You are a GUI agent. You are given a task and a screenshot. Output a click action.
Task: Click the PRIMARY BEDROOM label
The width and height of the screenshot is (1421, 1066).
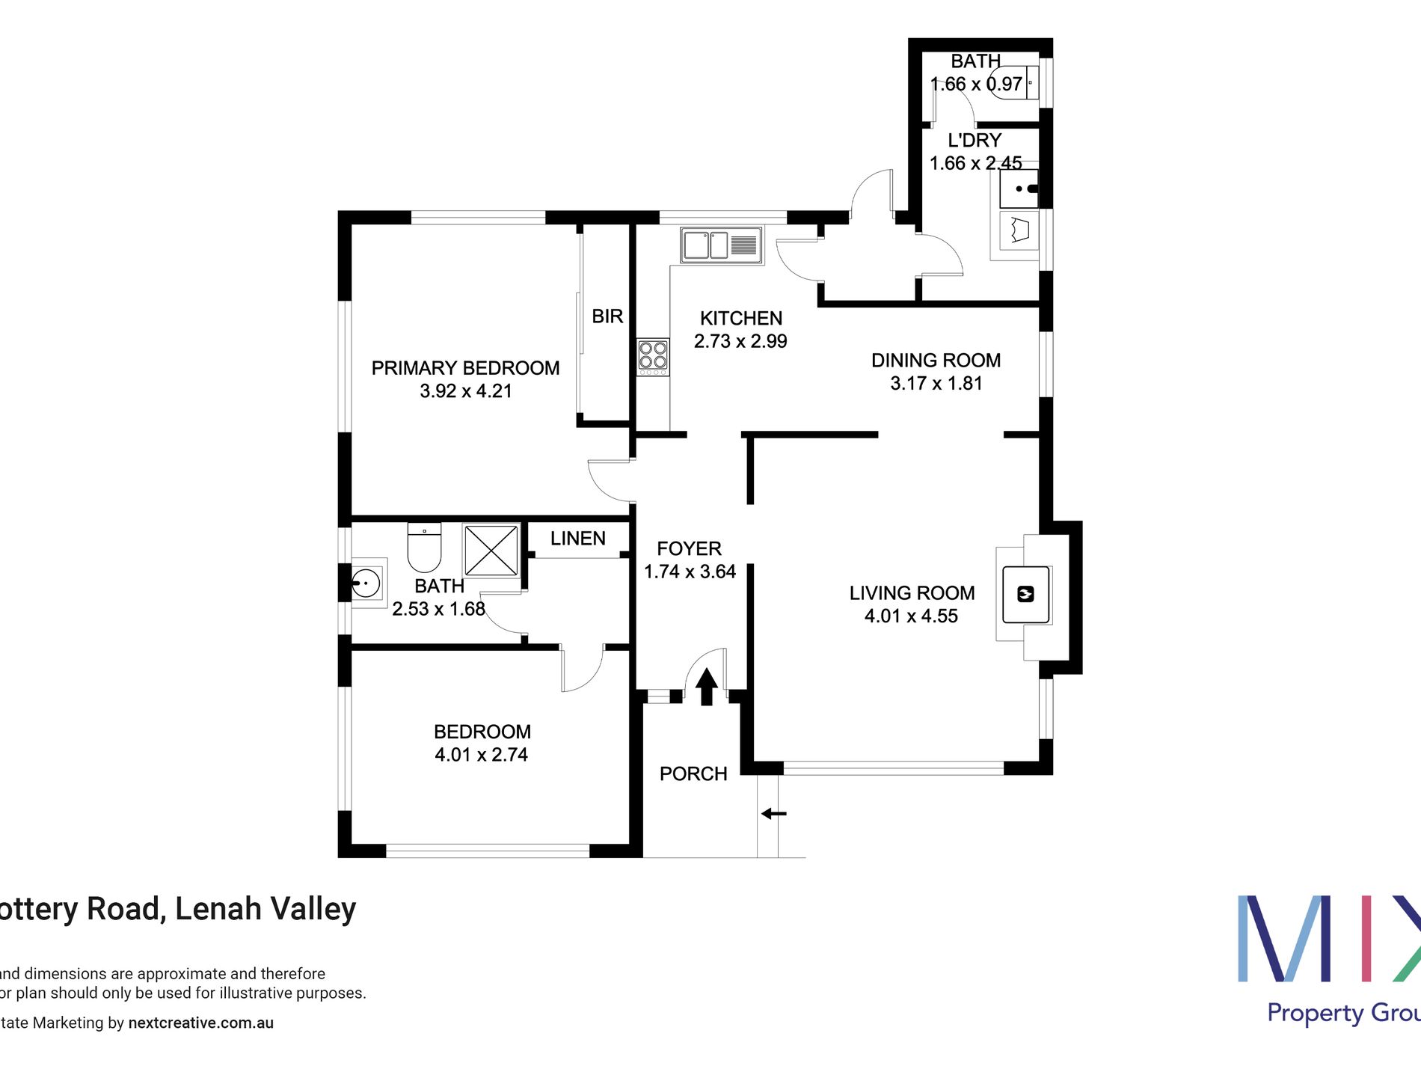pos(465,368)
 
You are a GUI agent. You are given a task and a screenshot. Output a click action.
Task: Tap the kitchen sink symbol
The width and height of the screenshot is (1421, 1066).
pos(721,245)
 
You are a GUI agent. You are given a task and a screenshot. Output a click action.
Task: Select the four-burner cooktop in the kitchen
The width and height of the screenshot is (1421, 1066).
pos(653,357)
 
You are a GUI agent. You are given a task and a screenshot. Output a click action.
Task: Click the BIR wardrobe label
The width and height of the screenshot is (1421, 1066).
pos(607,316)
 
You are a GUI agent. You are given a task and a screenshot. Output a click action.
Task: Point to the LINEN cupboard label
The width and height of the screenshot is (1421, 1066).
pos(577,539)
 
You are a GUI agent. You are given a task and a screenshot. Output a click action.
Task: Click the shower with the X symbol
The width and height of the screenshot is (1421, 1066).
pos(491,550)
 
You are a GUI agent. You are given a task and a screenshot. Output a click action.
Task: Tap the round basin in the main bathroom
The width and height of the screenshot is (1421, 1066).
pos(366,583)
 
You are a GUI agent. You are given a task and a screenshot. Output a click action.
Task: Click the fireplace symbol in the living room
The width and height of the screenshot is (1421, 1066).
pos(1025,594)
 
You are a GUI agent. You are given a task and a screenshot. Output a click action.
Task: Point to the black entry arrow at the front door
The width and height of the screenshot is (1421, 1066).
pos(706,687)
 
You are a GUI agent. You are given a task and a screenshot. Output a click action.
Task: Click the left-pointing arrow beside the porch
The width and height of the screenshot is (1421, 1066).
pos(773,813)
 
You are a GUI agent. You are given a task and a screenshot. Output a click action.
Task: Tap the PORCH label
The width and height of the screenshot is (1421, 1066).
pos(693,774)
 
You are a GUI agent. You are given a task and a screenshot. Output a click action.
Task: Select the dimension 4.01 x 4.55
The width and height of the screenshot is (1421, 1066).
pos(911,616)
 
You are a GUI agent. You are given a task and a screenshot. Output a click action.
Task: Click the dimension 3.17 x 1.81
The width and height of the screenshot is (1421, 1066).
pos(936,384)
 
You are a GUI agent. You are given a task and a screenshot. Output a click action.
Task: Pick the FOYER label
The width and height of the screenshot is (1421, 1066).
pos(689,548)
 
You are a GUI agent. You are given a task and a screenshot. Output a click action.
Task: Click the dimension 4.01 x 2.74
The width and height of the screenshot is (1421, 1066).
pos(481,755)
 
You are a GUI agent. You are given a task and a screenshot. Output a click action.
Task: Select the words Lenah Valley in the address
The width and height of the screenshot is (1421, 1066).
pos(266,909)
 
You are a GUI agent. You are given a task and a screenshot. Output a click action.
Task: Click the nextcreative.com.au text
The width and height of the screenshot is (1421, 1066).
pos(200,1023)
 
